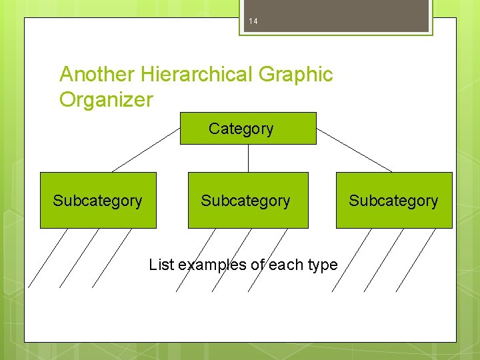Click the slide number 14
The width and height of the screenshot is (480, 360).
[x=253, y=22]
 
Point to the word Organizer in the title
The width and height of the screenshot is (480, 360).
[x=106, y=100]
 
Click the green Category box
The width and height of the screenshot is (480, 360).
[x=248, y=128]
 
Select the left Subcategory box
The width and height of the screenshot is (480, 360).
[x=98, y=201]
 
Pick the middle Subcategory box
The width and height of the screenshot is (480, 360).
[x=248, y=201]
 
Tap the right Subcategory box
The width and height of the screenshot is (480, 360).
[x=394, y=201]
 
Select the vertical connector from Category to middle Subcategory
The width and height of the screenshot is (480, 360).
[x=248, y=158]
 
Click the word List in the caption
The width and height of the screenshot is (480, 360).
[x=161, y=265]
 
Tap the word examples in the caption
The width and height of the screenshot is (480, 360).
[x=213, y=265]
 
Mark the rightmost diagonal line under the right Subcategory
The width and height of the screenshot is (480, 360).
[x=416, y=259]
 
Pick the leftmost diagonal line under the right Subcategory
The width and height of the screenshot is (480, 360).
[x=351, y=259]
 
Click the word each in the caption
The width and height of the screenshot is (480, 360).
[x=284, y=265]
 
